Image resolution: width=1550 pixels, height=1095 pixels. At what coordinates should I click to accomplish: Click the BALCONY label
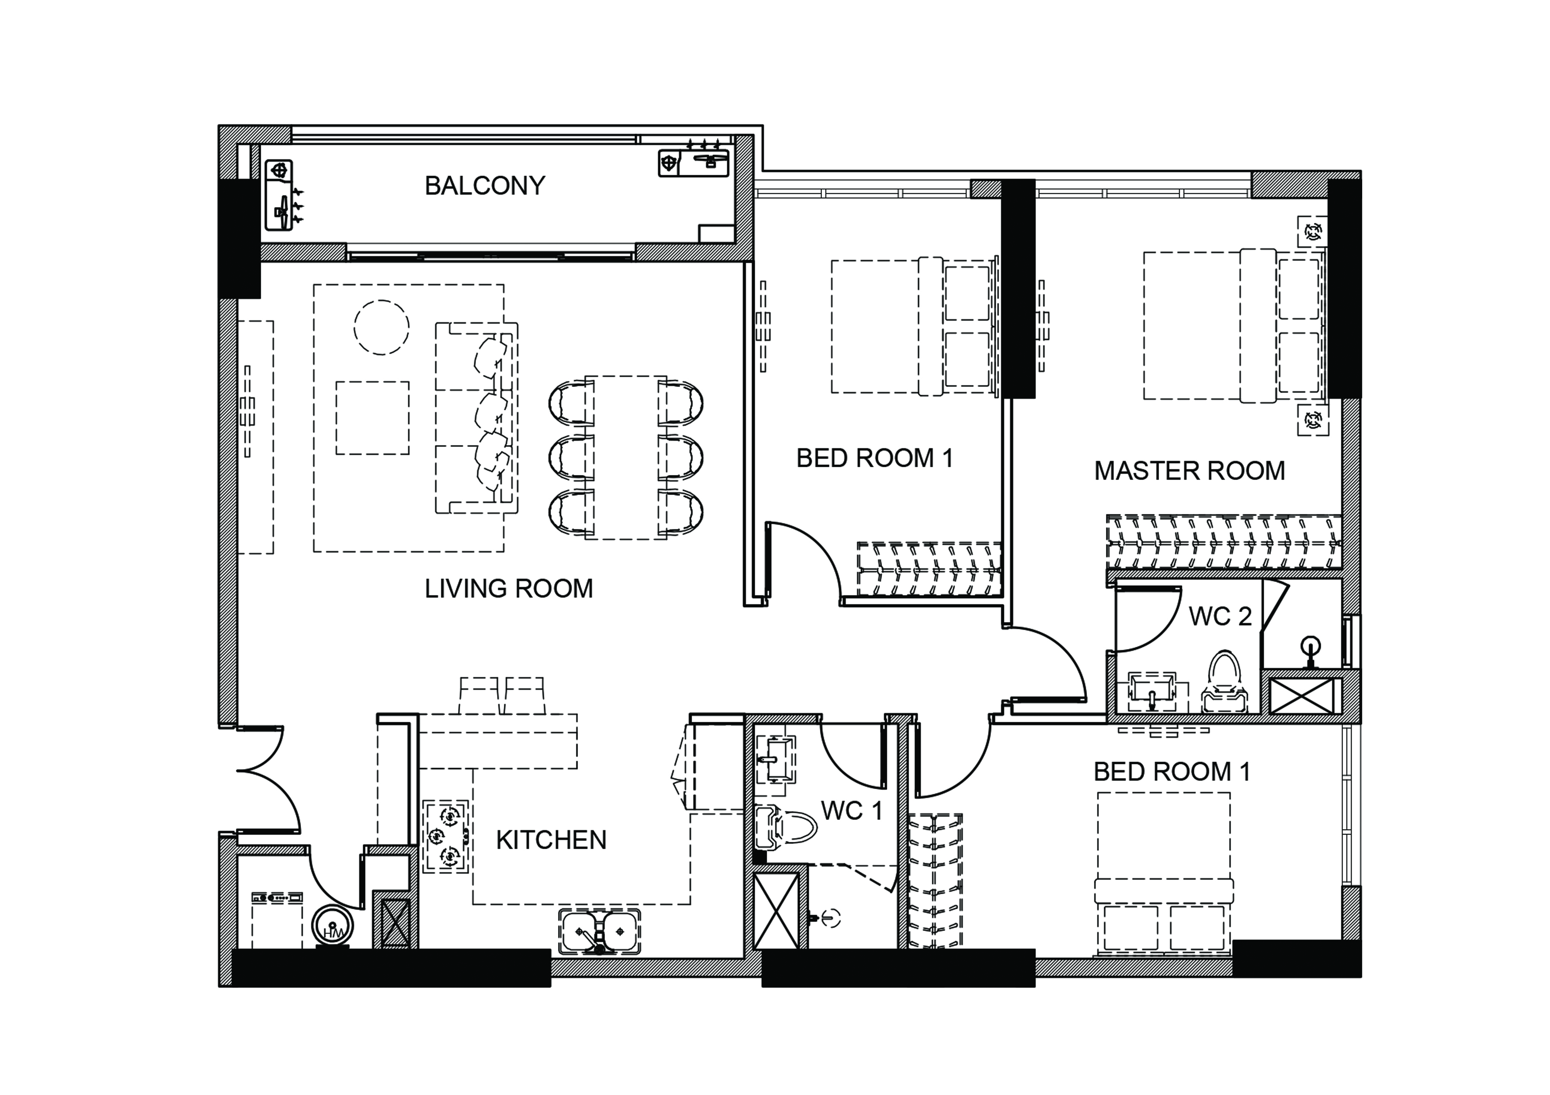[x=485, y=185]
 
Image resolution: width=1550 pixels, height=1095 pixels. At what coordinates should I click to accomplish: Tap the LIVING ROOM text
[x=508, y=588]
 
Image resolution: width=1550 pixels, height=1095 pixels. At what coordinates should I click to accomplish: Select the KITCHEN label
[x=551, y=840]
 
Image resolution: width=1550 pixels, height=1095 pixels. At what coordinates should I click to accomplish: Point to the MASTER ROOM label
[x=1189, y=471]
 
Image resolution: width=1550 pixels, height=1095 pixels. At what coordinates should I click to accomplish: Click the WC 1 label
[x=851, y=810]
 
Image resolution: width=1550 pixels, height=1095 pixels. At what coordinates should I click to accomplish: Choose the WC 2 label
[x=1220, y=616]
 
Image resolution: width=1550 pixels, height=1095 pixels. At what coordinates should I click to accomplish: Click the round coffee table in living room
[x=381, y=327]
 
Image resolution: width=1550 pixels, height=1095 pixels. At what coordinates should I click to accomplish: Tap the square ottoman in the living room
[x=372, y=418]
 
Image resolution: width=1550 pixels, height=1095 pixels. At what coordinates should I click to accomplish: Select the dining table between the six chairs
[x=626, y=457]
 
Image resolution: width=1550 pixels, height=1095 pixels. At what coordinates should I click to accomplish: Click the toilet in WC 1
[x=786, y=827]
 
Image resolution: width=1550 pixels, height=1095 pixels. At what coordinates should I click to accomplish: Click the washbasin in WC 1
[x=775, y=759]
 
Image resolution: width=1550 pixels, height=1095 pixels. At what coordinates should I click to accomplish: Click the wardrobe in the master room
[x=1223, y=542]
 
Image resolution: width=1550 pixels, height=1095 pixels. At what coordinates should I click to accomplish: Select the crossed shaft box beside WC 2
[x=1302, y=695]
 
